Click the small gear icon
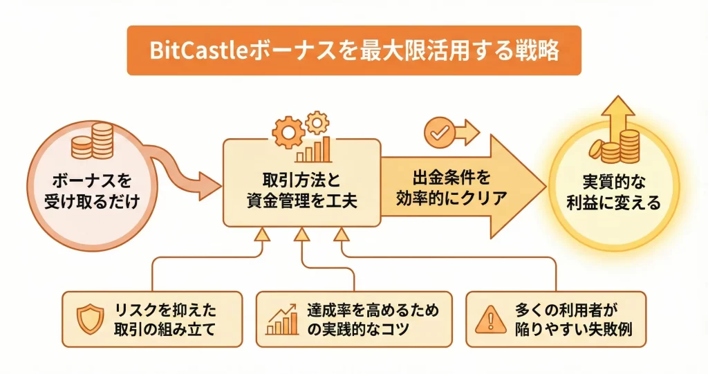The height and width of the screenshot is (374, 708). pos(317,122)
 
